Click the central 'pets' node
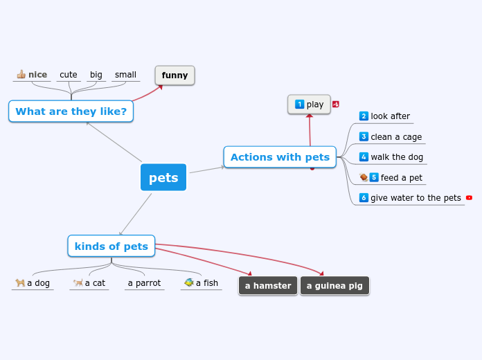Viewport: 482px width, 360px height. pos(163,177)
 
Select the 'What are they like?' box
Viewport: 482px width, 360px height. pos(71,111)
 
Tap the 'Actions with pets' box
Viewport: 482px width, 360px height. pos(280,157)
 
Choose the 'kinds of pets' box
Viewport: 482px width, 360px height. pos(111,246)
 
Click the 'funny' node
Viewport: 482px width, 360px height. pos(175,75)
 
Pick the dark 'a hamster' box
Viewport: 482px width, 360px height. pos(268,286)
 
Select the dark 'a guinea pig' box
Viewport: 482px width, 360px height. pos(334,286)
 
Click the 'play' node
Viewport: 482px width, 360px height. pos(309,105)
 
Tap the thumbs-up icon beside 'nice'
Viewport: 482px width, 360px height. pos(21,74)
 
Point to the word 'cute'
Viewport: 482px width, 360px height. pos(69,75)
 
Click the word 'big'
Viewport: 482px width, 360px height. pos(96,75)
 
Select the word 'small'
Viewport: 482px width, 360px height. pos(125,75)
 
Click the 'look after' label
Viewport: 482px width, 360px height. pos(390,116)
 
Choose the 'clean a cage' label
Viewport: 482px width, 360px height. pos(396,137)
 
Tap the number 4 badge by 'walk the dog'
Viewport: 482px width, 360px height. pos(364,157)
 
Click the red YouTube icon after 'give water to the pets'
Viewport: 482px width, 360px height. pos(469,197)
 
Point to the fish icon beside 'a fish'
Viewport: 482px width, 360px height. pos(188,282)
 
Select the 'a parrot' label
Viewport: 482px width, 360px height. pos(144,283)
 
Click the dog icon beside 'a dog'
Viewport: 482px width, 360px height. pos(20,282)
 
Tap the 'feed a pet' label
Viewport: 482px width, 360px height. pos(401,178)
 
